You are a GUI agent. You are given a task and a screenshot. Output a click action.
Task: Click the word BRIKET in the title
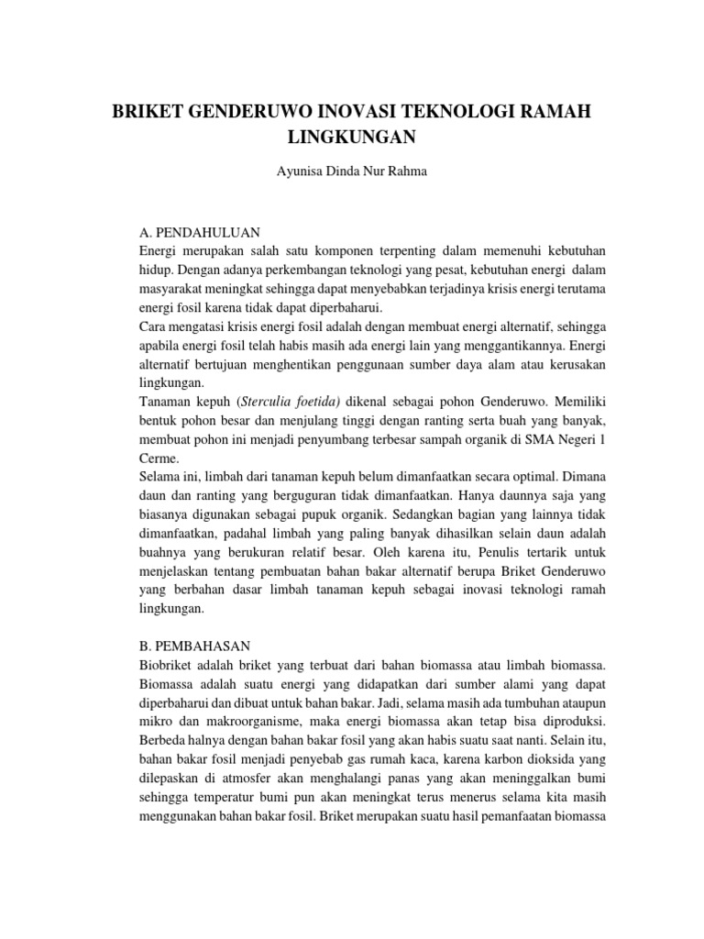145,112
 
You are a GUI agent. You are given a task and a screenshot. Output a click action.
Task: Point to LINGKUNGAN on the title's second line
352,137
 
